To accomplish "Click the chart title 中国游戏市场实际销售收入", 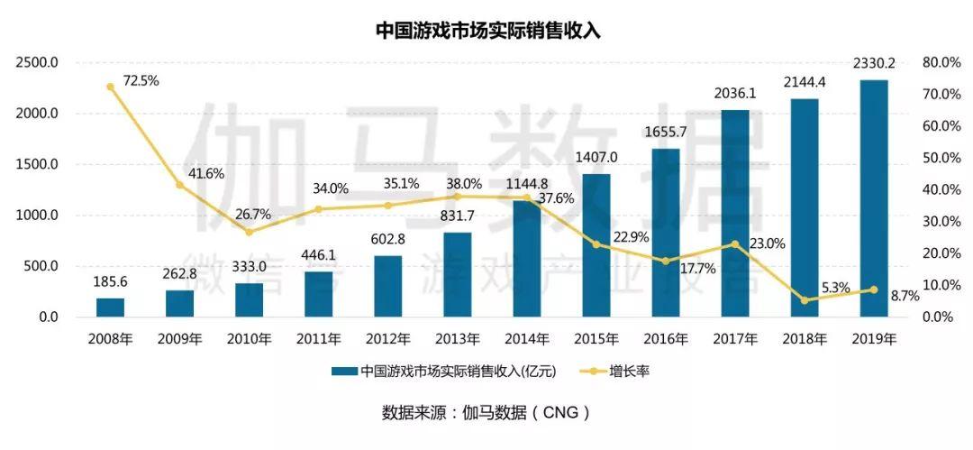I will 487,31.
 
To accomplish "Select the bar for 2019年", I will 873,198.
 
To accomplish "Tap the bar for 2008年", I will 110,308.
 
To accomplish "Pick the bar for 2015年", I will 596,245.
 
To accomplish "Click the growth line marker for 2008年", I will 110,87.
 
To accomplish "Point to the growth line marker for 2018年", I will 805,300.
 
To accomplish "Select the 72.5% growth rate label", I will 141,80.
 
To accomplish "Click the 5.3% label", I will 833,288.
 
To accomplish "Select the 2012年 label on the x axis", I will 387,340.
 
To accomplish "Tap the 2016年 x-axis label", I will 665,340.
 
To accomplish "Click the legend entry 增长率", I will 614,371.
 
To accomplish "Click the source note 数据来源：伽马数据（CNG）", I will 486,413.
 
